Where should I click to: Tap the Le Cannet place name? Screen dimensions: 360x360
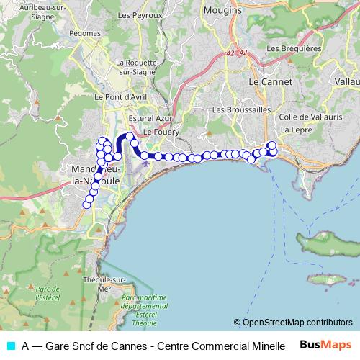point(270,82)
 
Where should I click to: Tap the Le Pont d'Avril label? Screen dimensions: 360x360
point(127,96)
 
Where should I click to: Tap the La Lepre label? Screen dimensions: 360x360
point(294,130)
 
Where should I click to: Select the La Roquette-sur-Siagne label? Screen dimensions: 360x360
point(136,66)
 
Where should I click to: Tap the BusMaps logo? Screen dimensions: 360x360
point(326,344)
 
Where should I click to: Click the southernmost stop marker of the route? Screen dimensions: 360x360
point(87,204)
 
